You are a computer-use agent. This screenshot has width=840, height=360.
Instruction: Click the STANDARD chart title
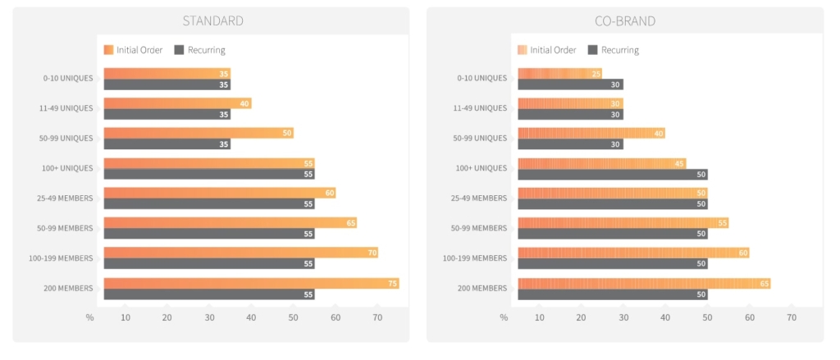point(212,21)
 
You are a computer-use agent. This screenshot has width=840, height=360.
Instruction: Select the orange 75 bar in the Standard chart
point(251,283)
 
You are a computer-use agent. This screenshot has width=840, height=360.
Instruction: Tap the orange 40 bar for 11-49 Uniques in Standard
point(177,103)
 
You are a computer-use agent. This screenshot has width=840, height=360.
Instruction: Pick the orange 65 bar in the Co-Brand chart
point(644,283)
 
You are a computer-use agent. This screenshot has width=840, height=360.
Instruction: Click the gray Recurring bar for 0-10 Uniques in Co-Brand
point(570,84)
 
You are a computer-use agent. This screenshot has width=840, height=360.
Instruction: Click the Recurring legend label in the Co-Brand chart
point(619,50)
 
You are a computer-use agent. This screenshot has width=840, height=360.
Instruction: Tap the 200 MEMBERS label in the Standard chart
point(69,288)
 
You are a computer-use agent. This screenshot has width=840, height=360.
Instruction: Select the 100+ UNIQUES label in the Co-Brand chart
point(482,168)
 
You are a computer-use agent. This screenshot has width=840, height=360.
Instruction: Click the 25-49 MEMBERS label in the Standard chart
point(66,198)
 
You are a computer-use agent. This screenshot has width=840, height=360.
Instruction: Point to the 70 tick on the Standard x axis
point(377,317)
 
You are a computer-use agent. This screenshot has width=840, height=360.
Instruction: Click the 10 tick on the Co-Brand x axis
point(539,317)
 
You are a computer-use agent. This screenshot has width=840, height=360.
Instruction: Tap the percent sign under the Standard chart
point(90,317)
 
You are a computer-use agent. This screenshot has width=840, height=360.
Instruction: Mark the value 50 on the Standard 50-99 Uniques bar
point(287,133)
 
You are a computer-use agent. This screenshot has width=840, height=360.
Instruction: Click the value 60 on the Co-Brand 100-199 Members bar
point(743,253)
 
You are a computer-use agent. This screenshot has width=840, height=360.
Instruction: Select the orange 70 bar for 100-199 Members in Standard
point(240,253)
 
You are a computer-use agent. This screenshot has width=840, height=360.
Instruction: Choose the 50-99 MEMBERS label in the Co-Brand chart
point(480,228)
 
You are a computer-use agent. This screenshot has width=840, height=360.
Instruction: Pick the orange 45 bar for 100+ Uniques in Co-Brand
point(601,163)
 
